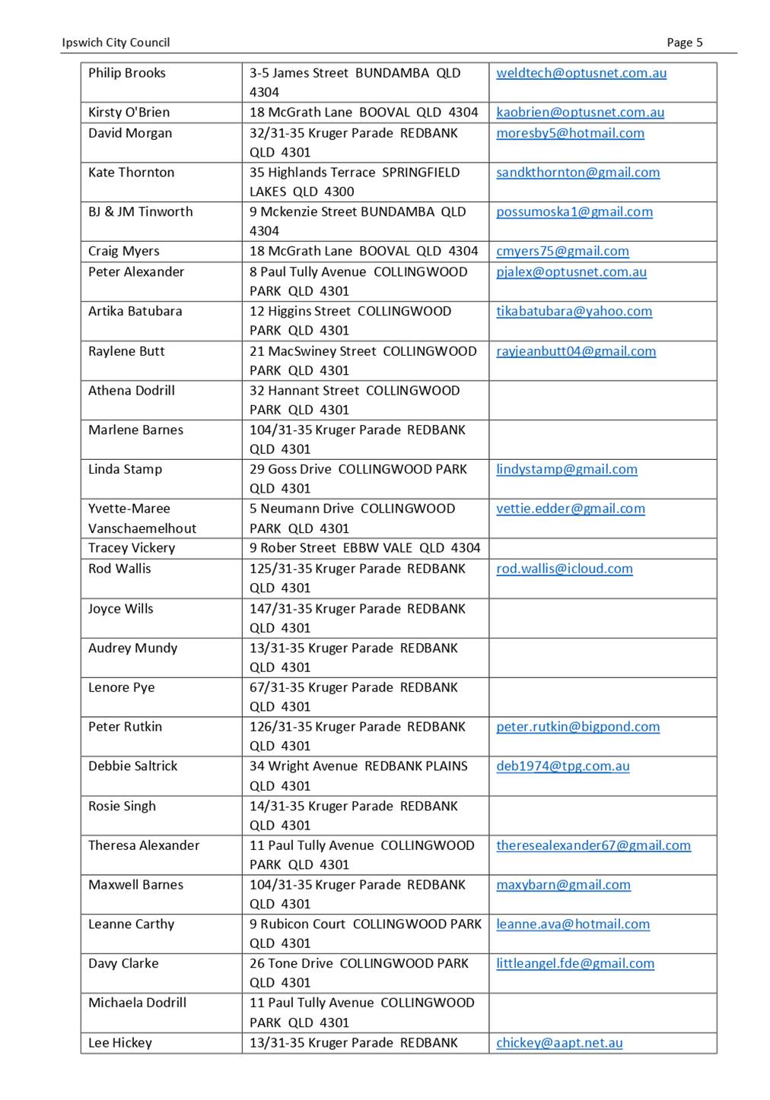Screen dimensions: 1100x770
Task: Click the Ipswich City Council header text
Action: coord(116,43)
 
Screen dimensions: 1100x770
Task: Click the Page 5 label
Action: coord(684,43)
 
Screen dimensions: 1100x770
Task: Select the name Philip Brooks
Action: coord(126,73)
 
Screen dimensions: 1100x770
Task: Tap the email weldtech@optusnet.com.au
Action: coord(581,73)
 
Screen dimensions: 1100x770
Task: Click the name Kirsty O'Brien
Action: coord(129,113)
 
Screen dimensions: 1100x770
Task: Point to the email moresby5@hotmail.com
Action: coord(570,133)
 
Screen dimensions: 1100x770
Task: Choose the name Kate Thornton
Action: coord(131,173)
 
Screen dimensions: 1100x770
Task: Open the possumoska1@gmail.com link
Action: coord(574,212)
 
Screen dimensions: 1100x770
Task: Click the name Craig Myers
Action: coord(124,252)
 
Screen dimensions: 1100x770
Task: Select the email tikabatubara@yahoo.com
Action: coord(574,312)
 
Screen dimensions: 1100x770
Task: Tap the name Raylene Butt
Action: coord(126,351)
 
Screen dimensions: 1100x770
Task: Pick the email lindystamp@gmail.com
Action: coord(567,470)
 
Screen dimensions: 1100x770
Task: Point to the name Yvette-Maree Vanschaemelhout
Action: coord(142,518)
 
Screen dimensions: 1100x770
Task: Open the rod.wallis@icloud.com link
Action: coord(565,569)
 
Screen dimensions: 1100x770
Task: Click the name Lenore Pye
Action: coord(121,688)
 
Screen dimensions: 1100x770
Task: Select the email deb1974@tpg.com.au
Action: coord(563,766)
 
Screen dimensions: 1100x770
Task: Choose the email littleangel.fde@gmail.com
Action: coord(575,964)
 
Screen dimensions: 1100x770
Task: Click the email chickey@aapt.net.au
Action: coord(559,1043)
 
